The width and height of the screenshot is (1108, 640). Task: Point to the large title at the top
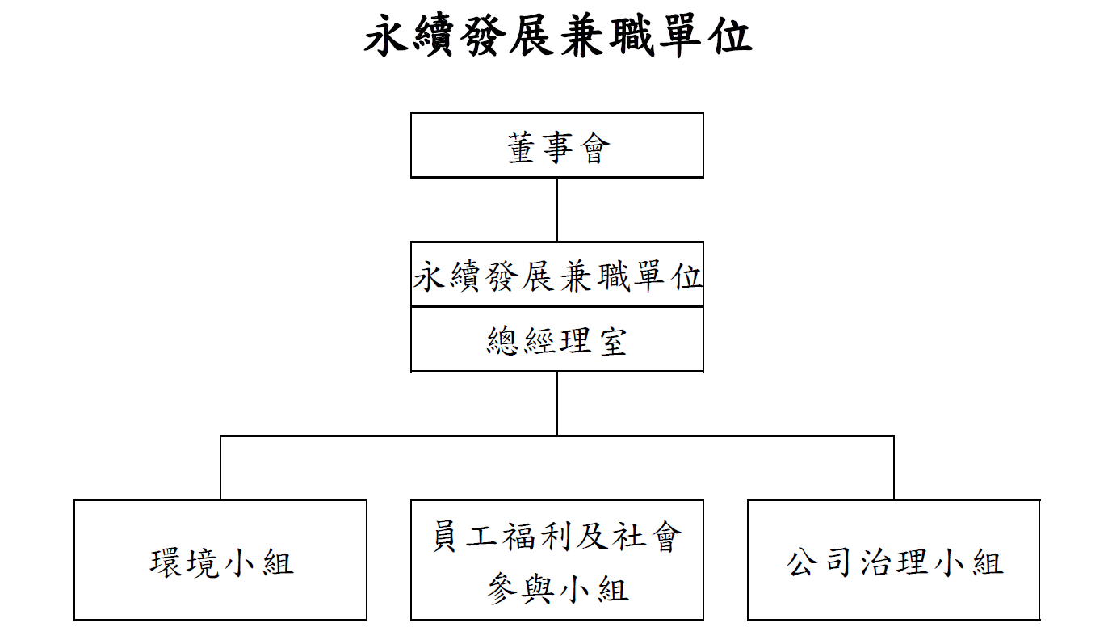[x=558, y=36]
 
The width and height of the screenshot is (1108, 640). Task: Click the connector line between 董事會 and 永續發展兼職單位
[x=557, y=210]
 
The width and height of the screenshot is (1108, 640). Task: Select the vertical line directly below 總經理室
[x=557, y=403]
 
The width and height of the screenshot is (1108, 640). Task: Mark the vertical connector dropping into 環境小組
[x=220, y=468]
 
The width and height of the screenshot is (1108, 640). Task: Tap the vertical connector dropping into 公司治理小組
[x=894, y=468]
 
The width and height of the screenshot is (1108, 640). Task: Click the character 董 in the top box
[x=522, y=147]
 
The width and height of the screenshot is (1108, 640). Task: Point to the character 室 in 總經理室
[x=614, y=341]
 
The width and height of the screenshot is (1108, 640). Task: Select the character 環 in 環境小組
[x=166, y=562]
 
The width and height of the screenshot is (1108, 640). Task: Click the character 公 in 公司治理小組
[x=802, y=562]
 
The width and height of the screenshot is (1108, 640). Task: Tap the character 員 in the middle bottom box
[x=445, y=536]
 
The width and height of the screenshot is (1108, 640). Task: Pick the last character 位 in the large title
[x=730, y=36]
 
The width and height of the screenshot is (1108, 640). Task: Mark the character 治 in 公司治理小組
[x=875, y=562]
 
